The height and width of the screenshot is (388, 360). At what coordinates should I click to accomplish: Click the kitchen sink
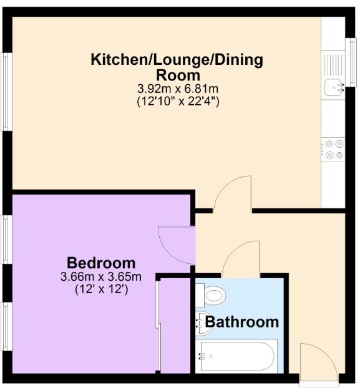[x=333, y=87]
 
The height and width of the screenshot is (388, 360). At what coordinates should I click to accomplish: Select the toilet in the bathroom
[x=213, y=294]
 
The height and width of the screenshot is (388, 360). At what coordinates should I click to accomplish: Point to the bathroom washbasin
[x=202, y=320]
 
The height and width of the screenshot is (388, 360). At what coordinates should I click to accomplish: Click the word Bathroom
[x=242, y=322]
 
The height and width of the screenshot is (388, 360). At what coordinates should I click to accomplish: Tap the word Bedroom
[x=101, y=263]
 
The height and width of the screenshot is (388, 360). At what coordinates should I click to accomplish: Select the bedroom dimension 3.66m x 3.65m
[x=101, y=276]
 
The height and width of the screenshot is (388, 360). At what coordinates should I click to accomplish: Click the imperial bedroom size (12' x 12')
[x=101, y=289]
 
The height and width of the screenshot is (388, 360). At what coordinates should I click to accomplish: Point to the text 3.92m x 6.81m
[x=177, y=89]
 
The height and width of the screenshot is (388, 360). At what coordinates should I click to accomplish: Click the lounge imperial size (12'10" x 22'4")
[x=177, y=100]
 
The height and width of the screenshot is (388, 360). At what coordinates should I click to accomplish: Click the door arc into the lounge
[x=232, y=193]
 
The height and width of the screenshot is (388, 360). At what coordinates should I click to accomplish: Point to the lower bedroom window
[x=6, y=326]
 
